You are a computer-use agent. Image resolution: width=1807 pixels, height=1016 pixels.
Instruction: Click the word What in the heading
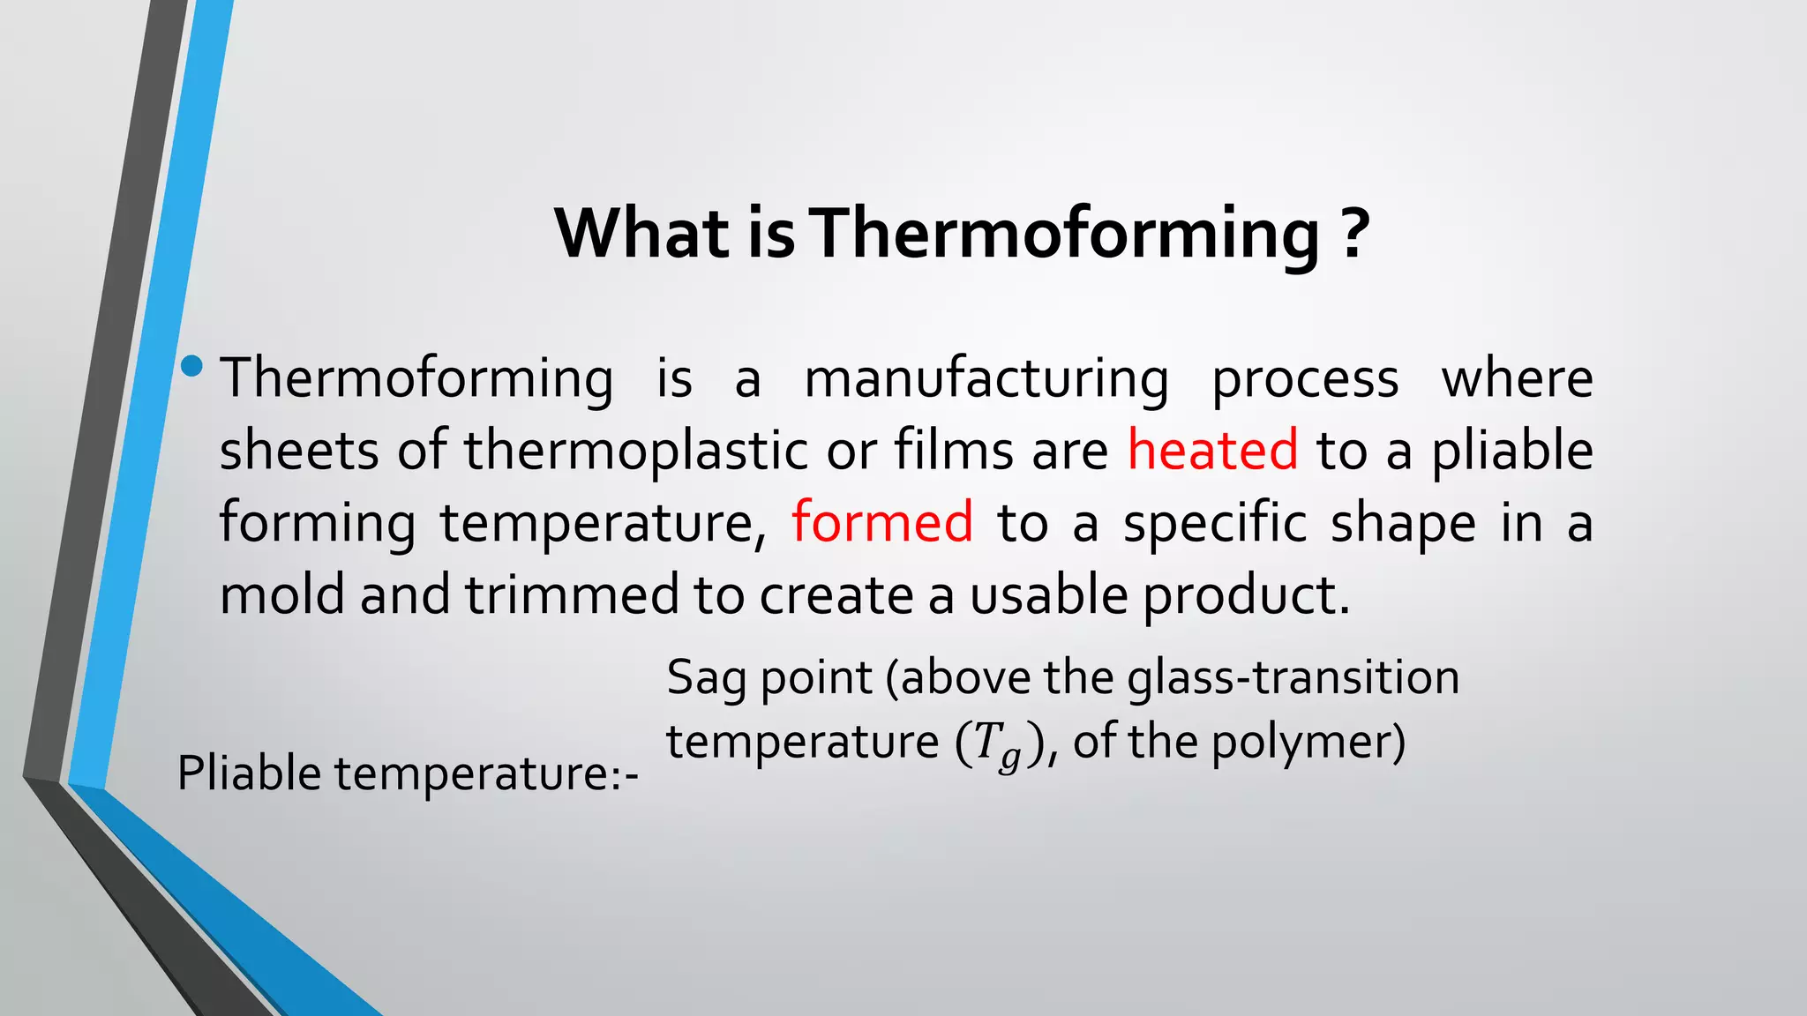(642, 233)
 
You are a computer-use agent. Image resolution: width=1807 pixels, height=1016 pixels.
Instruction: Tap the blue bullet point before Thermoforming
(191, 365)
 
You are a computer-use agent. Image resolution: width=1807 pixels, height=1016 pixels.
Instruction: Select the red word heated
(1213, 449)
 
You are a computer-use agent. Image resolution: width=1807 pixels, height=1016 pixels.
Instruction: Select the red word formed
(882, 521)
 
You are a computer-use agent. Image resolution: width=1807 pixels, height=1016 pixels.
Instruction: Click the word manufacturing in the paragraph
(986, 379)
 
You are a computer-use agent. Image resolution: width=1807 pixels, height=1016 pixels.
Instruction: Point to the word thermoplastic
(635, 451)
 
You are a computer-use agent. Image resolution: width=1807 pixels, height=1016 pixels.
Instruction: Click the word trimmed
(574, 594)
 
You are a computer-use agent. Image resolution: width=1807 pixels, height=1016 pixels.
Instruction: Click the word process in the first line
(1305, 379)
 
